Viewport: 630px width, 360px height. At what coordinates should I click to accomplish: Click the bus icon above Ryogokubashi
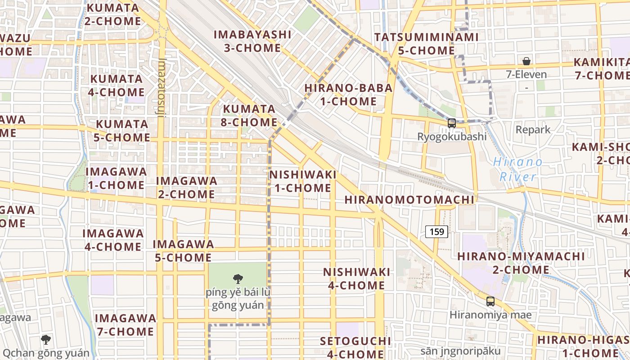[452, 123]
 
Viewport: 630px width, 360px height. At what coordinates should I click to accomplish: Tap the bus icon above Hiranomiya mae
[490, 301]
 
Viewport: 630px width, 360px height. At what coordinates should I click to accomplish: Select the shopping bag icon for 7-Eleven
[526, 61]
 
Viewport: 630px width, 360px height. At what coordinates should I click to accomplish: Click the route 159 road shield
[436, 232]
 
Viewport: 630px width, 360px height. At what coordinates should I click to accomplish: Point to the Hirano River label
[517, 169]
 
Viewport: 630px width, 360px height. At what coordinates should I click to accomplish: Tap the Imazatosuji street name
[162, 87]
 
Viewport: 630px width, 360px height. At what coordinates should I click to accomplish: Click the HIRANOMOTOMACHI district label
[409, 200]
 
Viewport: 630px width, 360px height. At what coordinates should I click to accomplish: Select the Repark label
[533, 130]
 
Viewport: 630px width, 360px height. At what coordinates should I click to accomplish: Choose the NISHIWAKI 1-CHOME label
[302, 181]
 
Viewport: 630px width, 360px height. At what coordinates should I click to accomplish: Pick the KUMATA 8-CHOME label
[250, 116]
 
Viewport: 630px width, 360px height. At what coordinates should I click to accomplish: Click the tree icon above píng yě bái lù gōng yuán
[238, 279]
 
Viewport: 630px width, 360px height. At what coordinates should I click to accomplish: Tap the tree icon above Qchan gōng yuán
[45, 339]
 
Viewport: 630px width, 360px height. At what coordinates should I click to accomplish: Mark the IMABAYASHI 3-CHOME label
[252, 41]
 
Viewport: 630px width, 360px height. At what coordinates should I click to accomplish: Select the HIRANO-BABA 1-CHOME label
[348, 94]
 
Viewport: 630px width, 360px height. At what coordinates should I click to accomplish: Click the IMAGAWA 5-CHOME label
[183, 251]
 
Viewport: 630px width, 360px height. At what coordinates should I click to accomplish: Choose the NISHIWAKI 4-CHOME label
[356, 279]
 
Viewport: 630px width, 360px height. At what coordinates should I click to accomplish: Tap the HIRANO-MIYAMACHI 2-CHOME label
[521, 263]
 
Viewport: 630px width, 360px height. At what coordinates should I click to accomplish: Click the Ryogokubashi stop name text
[452, 136]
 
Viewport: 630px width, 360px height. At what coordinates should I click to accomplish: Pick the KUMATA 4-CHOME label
[117, 85]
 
